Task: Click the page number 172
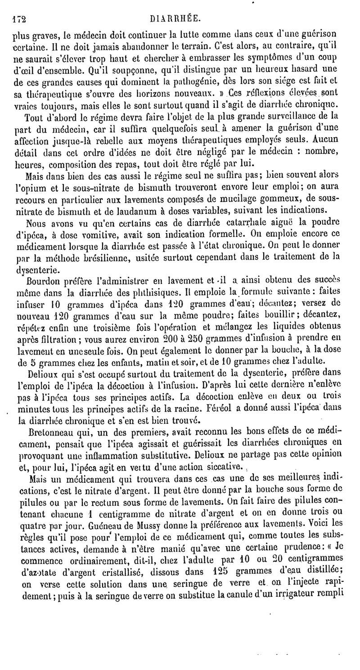pyautogui.click(x=18, y=19)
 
